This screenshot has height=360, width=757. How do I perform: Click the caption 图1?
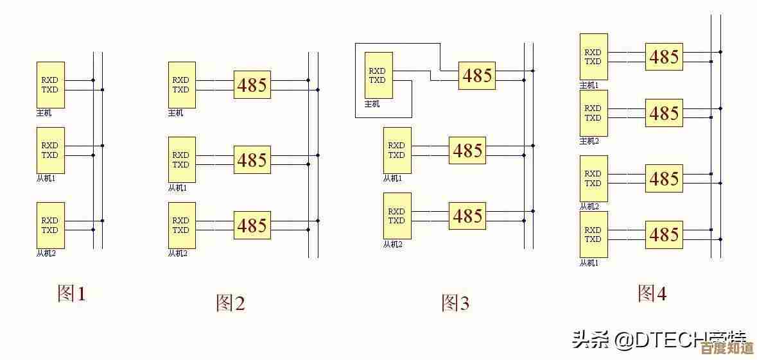pyautogui.click(x=71, y=294)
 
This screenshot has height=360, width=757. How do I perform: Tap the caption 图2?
pyautogui.click(x=230, y=302)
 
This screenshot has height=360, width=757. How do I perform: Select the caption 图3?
pyautogui.click(x=455, y=302)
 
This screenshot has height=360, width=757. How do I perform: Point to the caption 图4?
pyautogui.click(x=652, y=293)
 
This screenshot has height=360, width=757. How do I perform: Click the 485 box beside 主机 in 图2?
pyautogui.click(x=252, y=85)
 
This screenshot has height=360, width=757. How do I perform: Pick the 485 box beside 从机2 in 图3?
pyautogui.click(x=467, y=216)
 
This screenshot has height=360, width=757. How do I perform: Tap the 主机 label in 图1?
pyautogui.click(x=44, y=113)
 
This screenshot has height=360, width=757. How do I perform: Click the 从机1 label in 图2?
pyautogui.click(x=177, y=188)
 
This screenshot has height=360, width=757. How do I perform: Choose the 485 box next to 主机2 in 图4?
pyautogui.click(x=664, y=114)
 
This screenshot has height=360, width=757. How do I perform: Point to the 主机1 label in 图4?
pyautogui.click(x=589, y=85)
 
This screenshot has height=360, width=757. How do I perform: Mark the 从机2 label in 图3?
pyautogui.click(x=392, y=244)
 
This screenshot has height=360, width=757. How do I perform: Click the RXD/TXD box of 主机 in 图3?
pyautogui.click(x=378, y=76)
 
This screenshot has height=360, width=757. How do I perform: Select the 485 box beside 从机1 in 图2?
pyautogui.click(x=252, y=160)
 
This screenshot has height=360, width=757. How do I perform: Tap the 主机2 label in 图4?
pyautogui.click(x=589, y=141)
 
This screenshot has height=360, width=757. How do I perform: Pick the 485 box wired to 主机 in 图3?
pyautogui.click(x=477, y=76)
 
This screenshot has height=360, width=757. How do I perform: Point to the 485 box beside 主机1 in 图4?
pyautogui.click(x=664, y=57)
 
